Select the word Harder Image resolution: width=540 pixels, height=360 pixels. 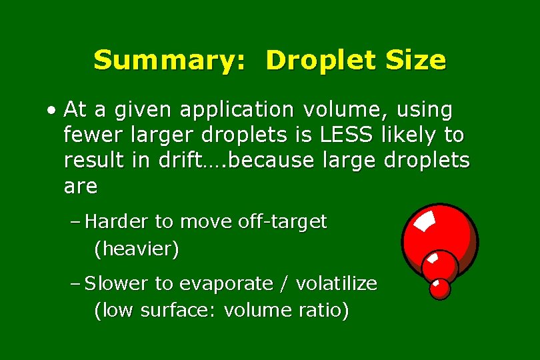click(118, 221)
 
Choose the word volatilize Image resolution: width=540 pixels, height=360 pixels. click(336, 284)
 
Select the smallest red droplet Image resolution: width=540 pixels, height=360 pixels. click(440, 288)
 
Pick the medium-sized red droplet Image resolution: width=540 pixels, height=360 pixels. click(440, 265)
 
